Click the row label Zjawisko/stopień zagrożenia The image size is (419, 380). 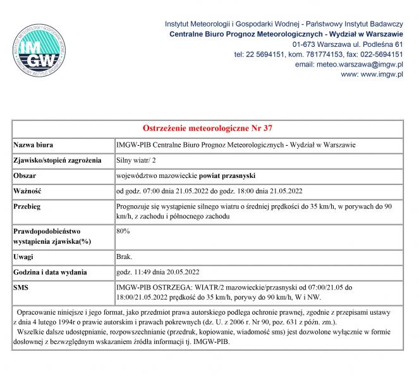tap(58, 160)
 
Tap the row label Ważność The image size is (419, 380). tap(28, 191)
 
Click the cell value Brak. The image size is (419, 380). tap(124, 258)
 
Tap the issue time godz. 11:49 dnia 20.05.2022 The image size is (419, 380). tap(158, 273)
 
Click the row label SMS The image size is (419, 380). tap(21, 288)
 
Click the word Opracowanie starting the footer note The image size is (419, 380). tap(42, 313)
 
